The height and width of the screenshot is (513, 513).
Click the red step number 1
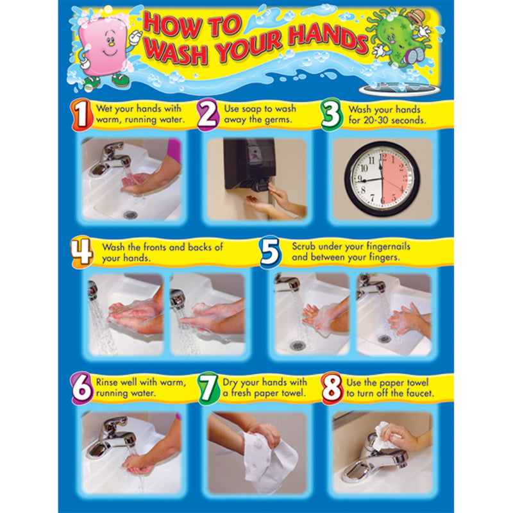[x=80, y=115]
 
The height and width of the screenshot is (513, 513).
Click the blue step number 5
[x=271, y=252]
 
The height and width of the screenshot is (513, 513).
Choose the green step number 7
[x=208, y=389]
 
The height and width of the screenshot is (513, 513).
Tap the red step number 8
[x=332, y=389]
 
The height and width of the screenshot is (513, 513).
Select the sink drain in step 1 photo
[x=131, y=215]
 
